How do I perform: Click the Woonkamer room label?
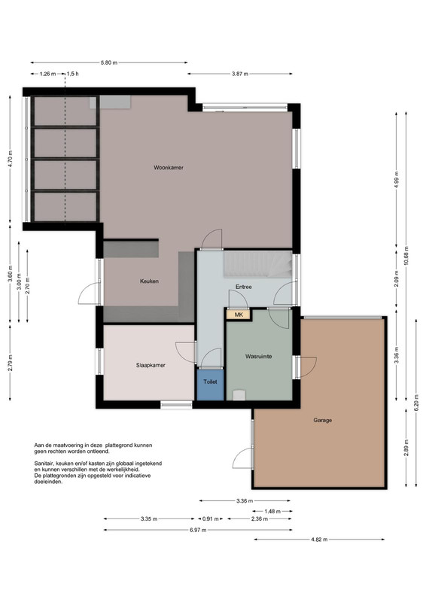[x=169, y=167]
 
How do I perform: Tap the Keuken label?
[x=149, y=281]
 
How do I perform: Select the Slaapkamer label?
[x=151, y=365]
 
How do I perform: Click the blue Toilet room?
[x=210, y=385]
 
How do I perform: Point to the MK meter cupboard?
[x=239, y=315]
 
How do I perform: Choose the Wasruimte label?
[x=258, y=356]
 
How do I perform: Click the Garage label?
[x=322, y=420]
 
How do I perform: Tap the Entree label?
[x=244, y=287]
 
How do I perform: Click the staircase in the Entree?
[x=257, y=264]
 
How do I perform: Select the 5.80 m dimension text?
[x=108, y=62]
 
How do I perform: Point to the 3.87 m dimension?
[x=239, y=74]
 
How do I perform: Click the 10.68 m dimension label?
[x=406, y=256]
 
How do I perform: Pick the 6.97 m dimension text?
[x=198, y=531]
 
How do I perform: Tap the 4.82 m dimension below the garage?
[x=319, y=540]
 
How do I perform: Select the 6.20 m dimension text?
[x=416, y=402]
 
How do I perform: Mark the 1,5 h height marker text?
[x=72, y=74]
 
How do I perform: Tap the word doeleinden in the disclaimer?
[x=48, y=482]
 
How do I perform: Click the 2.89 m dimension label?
[x=406, y=448]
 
